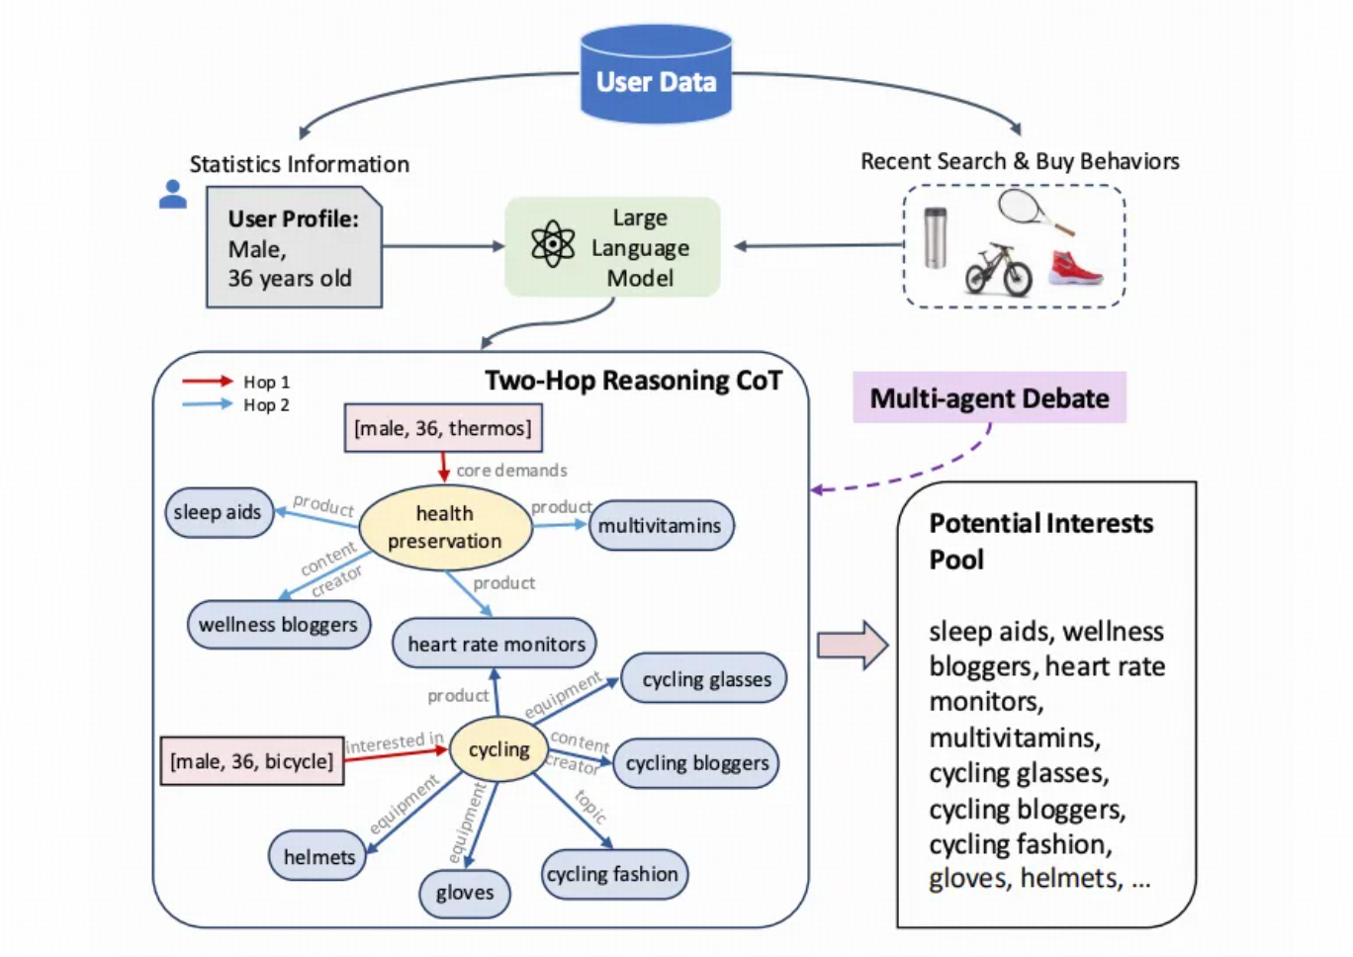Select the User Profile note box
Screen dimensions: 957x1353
(294, 247)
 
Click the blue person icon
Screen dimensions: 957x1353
(173, 194)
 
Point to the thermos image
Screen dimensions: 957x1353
(935, 237)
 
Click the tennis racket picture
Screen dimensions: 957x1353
(1033, 212)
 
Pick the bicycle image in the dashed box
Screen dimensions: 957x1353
(999, 269)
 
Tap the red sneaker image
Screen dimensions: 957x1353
(1075, 267)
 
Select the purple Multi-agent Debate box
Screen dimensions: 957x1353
(989, 397)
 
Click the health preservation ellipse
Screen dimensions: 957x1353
(445, 527)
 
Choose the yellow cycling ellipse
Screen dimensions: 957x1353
(498, 749)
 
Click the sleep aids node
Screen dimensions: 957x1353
(218, 512)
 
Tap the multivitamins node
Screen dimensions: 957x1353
(660, 525)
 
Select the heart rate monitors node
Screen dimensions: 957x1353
(496, 644)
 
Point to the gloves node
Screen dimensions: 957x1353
(464, 893)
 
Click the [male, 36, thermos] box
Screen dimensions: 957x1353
(443, 428)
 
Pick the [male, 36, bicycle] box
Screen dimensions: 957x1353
(252, 761)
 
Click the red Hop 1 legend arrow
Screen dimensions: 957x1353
(207, 381)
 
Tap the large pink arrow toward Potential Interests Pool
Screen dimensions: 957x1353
(853, 646)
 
